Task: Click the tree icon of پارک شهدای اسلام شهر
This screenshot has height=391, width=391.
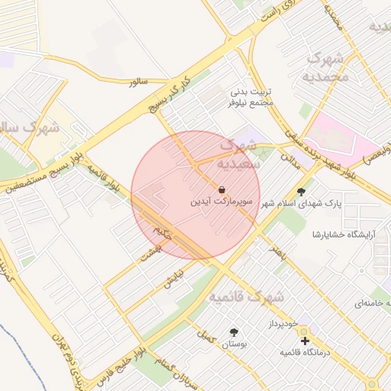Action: pyautogui.click(x=301, y=192)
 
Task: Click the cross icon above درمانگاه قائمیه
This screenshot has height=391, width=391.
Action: pyautogui.click(x=305, y=340)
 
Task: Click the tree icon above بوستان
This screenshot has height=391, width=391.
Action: pyautogui.click(x=234, y=332)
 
